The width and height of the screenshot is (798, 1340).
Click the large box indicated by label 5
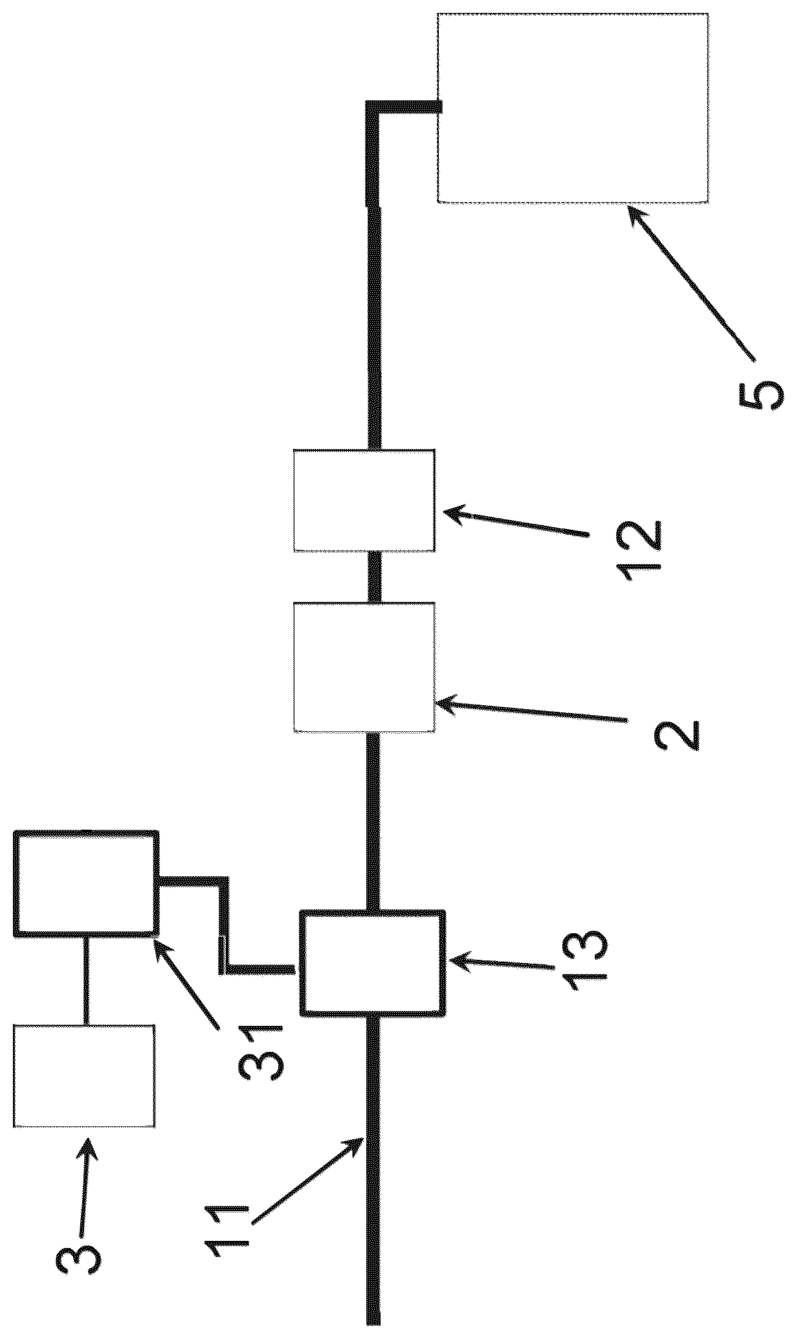point(573,108)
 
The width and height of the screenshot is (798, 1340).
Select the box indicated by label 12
point(364,500)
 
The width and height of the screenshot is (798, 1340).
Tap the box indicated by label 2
point(364,667)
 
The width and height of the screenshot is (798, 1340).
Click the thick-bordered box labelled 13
point(373,962)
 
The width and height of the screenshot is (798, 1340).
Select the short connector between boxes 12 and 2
point(373,577)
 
